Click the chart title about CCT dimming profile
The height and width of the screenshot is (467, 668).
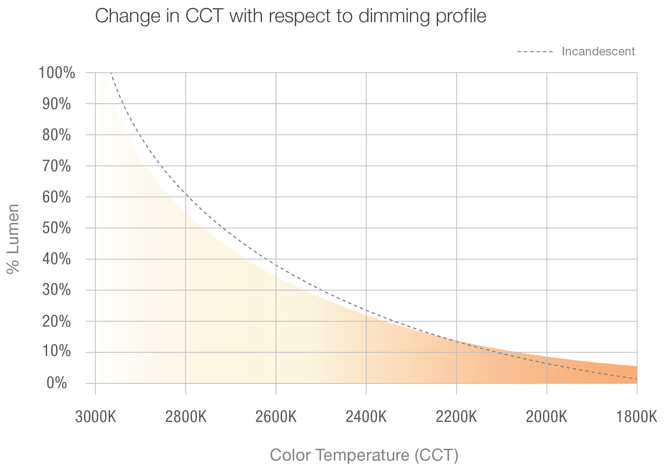pos(291,16)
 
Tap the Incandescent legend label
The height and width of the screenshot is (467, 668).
pos(598,52)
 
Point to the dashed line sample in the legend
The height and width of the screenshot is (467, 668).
pos(535,52)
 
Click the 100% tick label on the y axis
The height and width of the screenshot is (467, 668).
pos(57,73)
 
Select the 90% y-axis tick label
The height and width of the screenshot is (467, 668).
pos(57,104)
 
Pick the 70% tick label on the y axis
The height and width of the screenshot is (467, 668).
pos(57,166)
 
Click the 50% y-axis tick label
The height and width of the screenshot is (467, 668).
pos(57,228)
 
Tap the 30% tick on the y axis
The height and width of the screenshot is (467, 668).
pos(57,290)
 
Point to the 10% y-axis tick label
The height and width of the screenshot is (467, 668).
pos(57,352)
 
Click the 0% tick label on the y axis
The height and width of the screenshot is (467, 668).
pos(57,383)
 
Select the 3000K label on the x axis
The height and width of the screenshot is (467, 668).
pos(95,417)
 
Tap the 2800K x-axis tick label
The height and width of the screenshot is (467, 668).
pos(186,417)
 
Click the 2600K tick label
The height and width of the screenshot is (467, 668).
pos(276,417)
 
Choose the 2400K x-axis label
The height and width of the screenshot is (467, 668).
pos(366,417)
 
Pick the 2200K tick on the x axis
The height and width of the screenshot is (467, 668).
pos(456,417)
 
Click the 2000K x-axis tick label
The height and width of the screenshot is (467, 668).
pos(547,417)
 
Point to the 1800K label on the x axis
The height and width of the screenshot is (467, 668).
pos(637,417)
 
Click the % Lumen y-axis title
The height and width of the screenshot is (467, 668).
pos(13,239)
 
